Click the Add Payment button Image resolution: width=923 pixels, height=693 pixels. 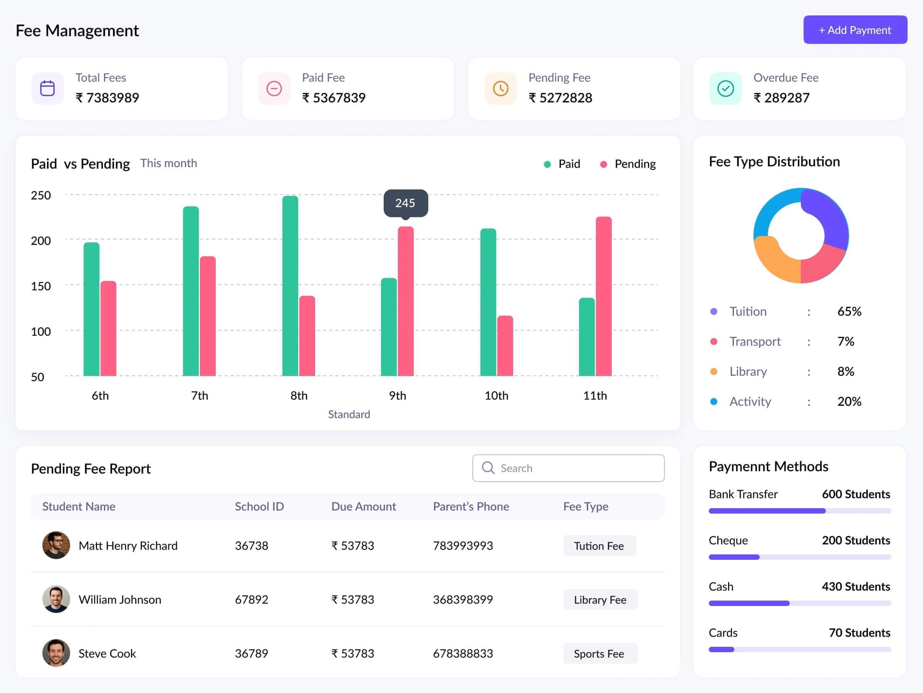point(855,30)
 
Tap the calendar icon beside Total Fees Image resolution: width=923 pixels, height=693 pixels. point(47,89)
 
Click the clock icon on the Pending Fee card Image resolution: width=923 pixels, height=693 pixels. point(500,89)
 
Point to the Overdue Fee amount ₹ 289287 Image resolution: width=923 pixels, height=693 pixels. point(781,97)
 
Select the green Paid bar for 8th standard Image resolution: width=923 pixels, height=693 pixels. point(290,286)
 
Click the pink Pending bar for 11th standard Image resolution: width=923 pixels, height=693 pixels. point(603,296)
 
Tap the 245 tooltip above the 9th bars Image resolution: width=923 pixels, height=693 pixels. point(405,203)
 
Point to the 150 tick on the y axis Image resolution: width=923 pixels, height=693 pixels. point(41,286)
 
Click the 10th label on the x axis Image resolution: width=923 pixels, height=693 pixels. point(496,395)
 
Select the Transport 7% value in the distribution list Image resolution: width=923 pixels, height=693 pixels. point(846,341)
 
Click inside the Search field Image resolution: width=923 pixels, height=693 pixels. point(568,468)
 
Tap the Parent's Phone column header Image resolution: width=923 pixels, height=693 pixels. point(471,506)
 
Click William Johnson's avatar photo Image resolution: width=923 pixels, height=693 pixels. point(56,599)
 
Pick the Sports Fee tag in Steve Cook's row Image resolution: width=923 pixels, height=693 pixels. point(599,653)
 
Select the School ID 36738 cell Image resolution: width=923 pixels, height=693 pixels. point(252,546)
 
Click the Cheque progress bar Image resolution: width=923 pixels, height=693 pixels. point(799,557)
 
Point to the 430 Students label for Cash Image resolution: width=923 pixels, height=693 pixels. point(856,587)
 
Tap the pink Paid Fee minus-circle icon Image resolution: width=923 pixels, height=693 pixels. point(274,89)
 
